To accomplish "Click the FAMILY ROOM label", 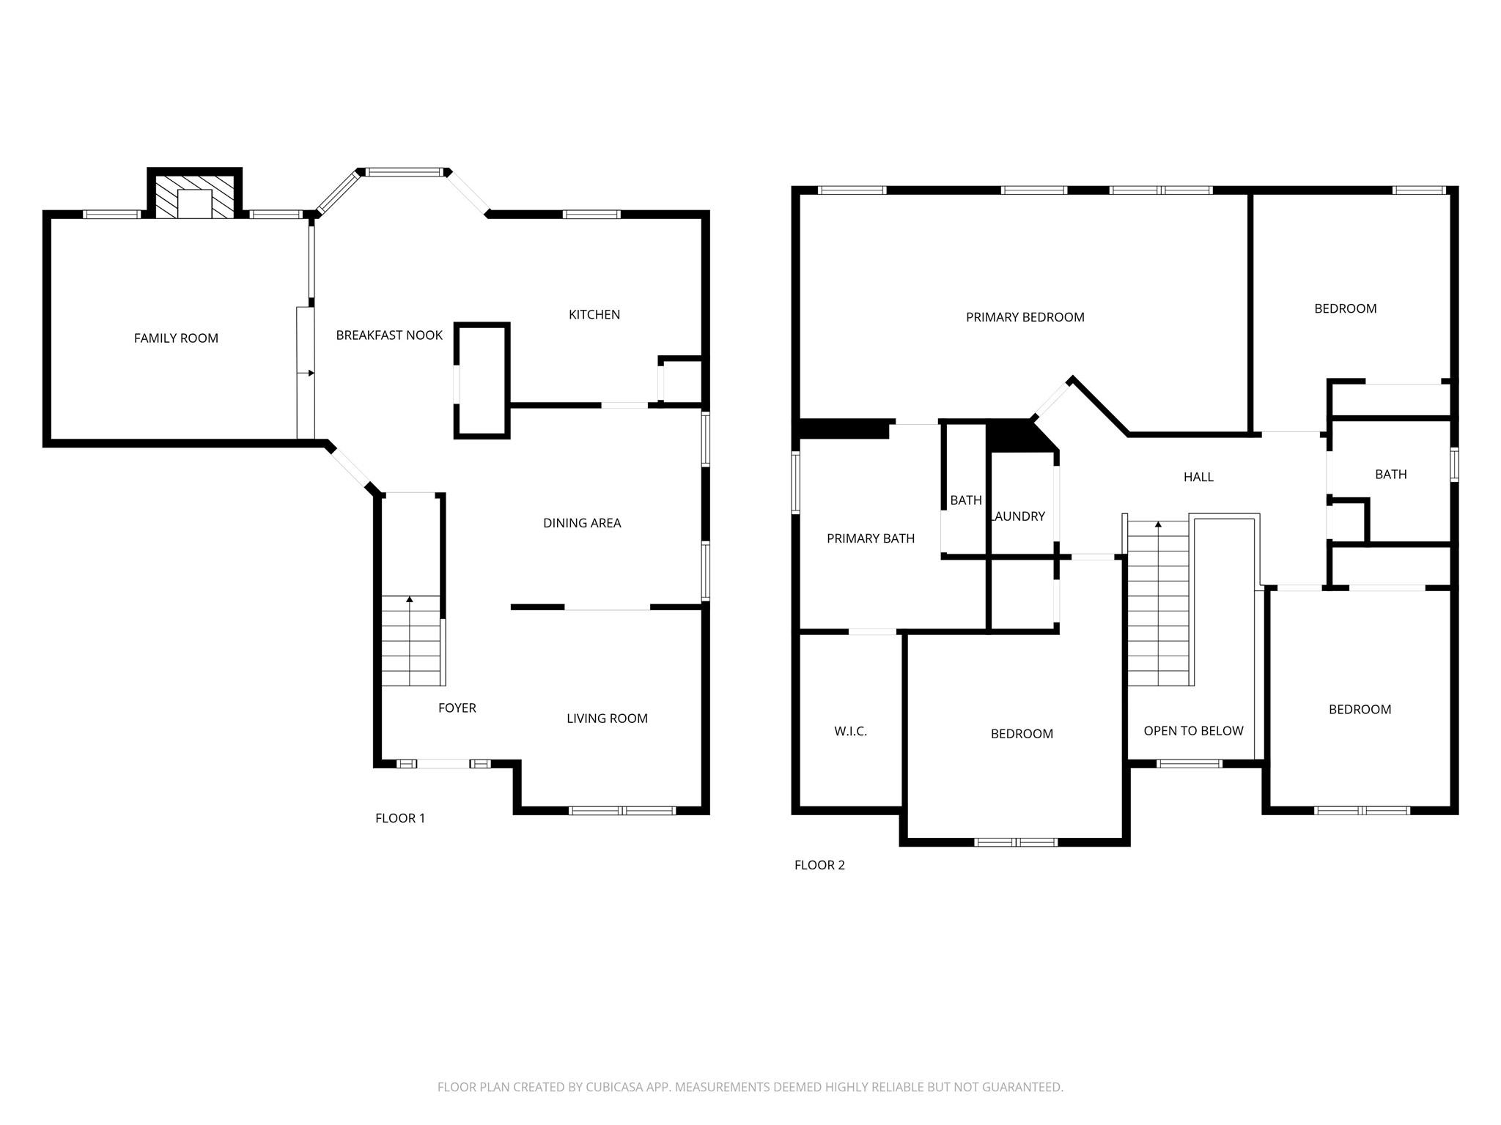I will (176, 338).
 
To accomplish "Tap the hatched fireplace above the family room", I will (195, 196).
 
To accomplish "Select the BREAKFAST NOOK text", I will (389, 335).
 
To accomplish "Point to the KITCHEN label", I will (594, 315).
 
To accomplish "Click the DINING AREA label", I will (582, 523).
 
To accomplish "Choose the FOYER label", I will (457, 708).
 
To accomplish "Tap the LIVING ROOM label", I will (607, 719).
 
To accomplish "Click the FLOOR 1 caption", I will (400, 818).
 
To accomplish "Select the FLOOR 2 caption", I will (819, 865).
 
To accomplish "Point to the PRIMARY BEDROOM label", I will (1025, 317).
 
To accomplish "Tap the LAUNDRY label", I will (1018, 516).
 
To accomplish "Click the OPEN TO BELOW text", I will (1193, 731).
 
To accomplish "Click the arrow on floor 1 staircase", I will (410, 600).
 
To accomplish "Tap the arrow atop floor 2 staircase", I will (1158, 524).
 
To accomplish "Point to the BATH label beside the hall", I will (1390, 475).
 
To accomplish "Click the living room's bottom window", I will (622, 810).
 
